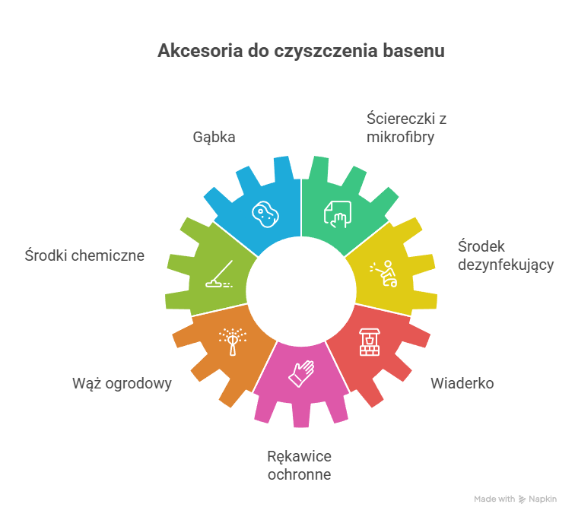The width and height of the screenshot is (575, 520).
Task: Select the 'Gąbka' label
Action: pos(214,138)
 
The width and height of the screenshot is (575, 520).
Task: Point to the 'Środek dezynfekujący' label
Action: pos(505,255)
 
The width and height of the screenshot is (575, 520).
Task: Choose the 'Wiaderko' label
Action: pos(462,383)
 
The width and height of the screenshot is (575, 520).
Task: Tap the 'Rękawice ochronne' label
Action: pos(299,465)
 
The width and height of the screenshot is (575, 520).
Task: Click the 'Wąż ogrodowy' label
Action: pos(122,383)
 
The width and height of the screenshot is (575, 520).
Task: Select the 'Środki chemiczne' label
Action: pos(84,255)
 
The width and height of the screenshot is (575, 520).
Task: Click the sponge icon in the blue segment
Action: pos(264,214)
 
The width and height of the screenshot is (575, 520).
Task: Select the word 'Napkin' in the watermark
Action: pos(543,499)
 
